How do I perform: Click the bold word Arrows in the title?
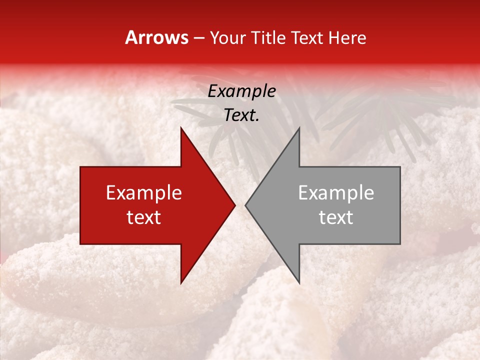coord(156,37)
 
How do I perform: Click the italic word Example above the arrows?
coord(242,91)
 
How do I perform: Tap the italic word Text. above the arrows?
coord(242,115)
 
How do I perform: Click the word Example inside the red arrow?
coord(144,193)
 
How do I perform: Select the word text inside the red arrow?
coord(144,217)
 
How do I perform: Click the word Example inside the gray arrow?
coord(336,193)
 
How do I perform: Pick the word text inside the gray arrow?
coord(336,217)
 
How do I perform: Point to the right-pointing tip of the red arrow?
coord(234,205)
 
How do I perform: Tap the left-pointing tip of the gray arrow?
coord(245,205)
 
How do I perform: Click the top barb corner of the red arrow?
coord(181,128)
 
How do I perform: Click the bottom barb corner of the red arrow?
coord(181,283)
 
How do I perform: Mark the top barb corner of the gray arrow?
coord(299,128)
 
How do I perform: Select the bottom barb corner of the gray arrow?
coord(299,283)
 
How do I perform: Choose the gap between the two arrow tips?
coord(240,205)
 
